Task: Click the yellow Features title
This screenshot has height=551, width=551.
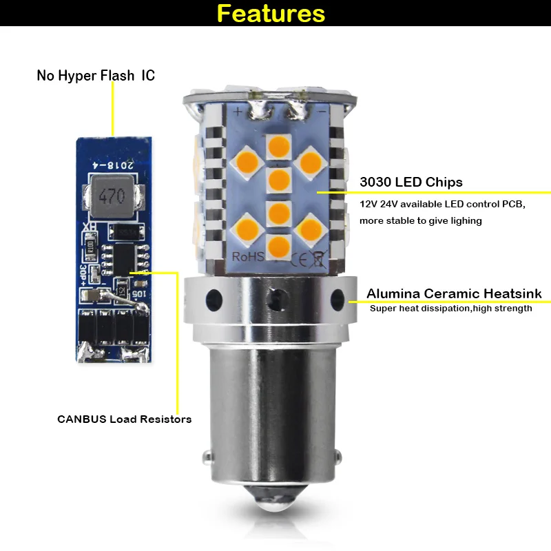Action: (271, 13)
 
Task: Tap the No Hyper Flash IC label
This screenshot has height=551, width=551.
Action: (96, 76)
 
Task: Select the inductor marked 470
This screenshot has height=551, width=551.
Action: (112, 196)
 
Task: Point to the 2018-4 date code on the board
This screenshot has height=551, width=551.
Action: (113, 165)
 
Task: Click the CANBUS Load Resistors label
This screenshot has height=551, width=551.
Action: (125, 419)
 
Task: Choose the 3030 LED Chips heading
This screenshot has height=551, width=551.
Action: (411, 182)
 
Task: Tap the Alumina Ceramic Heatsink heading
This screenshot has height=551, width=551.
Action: (454, 293)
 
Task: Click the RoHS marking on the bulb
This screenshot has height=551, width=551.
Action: (248, 256)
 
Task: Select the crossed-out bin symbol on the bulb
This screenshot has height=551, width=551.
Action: (319, 259)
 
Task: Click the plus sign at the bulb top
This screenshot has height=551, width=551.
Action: (238, 112)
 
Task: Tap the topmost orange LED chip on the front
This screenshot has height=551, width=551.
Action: (279, 147)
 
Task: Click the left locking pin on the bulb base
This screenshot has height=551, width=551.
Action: (208, 456)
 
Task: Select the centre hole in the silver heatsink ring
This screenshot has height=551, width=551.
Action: (277, 300)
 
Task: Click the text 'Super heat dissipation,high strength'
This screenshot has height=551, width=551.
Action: (451, 309)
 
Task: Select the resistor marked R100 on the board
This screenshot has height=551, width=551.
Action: (90, 246)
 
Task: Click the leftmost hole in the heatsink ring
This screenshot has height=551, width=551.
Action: (214, 300)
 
